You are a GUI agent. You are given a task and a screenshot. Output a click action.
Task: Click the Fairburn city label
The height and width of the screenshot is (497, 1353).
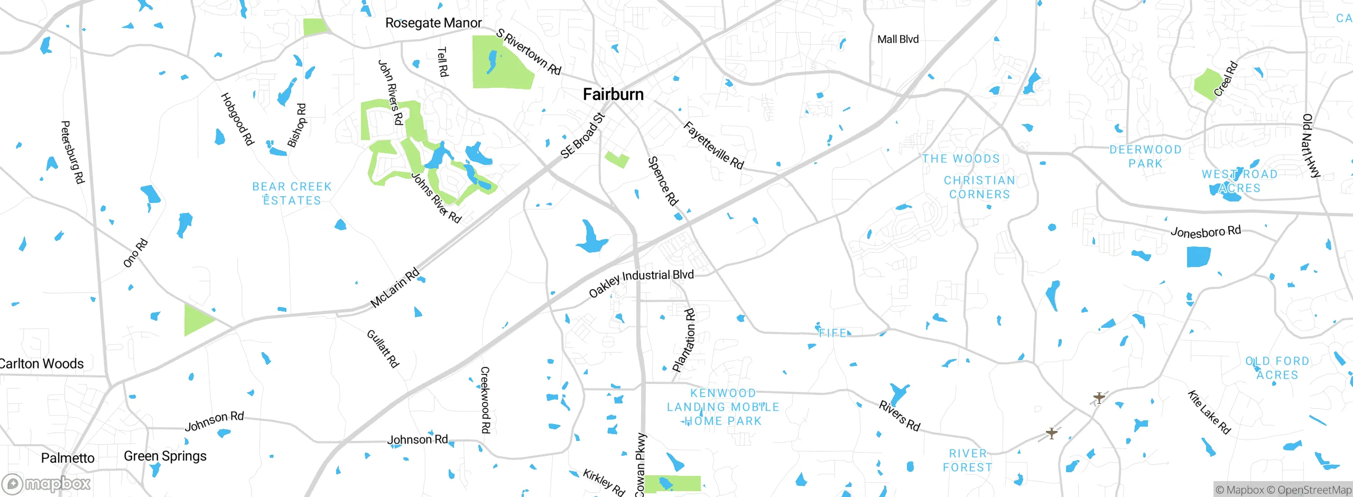pyautogui.click(x=613, y=95)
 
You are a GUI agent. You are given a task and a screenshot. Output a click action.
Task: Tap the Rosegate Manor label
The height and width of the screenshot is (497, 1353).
pyautogui.click(x=433, y=23)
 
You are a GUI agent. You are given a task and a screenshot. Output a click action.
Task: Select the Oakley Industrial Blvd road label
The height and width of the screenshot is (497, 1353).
pyautogui.click(x=641, y=283)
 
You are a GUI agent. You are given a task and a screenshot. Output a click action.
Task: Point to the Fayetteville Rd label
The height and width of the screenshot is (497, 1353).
pyautogui.click(x=713, y=145)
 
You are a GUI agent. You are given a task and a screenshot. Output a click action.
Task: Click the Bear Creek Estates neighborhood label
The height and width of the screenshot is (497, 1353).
pyautogui.click(x=292, y=194)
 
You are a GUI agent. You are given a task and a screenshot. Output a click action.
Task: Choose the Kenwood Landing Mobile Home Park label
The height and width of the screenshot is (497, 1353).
pyautogui.click(x=722, y=407)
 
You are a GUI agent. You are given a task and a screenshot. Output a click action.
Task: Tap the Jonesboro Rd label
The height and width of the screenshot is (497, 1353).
pyautogui.click(x=1206, y=232)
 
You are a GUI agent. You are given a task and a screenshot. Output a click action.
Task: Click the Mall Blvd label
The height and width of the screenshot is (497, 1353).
pyautogui.click(x=898, y=40)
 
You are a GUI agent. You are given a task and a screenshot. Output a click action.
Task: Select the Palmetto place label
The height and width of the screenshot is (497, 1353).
pyautogui.click(x=68, y=458)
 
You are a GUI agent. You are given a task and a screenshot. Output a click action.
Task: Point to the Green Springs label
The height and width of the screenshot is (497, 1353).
pyautogui.click(x=165, y=456)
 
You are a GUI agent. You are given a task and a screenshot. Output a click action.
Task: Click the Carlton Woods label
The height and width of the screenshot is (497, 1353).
pyautogui.click(x=41, y=364)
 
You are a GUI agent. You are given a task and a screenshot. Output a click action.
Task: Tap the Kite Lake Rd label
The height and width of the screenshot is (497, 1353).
pyautogui.click(x=1209, y=412)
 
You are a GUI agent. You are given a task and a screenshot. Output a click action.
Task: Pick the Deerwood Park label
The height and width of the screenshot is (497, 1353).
pyautogui.click(x=1145, y=157)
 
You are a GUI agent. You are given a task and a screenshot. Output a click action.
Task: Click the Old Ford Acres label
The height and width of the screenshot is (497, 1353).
pyautogui.click(x=1277, y=368)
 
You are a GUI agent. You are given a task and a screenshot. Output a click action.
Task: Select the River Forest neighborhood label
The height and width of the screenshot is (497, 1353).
pyautogui.click(x=968, y=461)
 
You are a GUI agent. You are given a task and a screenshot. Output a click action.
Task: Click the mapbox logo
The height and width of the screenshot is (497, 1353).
pyautogui.click(x=47, y=483)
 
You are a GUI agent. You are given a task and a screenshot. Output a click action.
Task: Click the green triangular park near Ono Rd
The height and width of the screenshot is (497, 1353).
pyautogui.click(x=197, y=320)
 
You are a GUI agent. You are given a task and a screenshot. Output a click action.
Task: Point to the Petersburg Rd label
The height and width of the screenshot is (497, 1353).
pyautogui.click(x=73, y=152)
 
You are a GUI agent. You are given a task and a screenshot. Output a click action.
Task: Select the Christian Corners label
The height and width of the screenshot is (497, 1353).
pyautogui.click(x=979, y=187)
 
